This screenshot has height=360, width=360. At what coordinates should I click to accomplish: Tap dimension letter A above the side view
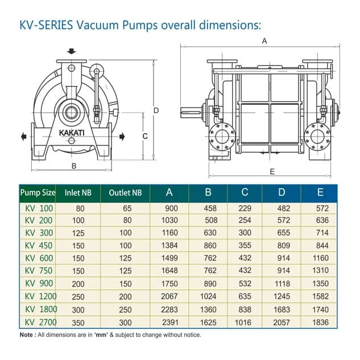pyautogui.click(x=263, y=41)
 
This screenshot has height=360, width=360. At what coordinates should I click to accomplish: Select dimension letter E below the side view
pyautogui.click(x=272, y=171)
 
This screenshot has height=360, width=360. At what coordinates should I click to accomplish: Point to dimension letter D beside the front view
pyautogui.click(x=156, y=110)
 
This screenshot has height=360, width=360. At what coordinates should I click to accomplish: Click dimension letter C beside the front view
pyautogui.click(x=145, y=136)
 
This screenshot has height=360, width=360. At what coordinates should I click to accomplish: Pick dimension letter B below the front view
pyautogui.click(x=73, y=166)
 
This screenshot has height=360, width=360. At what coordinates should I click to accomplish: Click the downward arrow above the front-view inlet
pyautogui.click(x=71, y=51)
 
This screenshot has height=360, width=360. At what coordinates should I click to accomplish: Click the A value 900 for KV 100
pyautogui.click(x=170, y=208)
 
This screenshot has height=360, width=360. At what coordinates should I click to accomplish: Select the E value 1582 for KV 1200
pyautogui.click(x=320, y=296)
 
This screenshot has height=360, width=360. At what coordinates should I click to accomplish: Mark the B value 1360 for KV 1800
pyautogui.click(x=208, y=309)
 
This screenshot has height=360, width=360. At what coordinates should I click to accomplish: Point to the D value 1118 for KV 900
pyautogui.click(x=282, y=283)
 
